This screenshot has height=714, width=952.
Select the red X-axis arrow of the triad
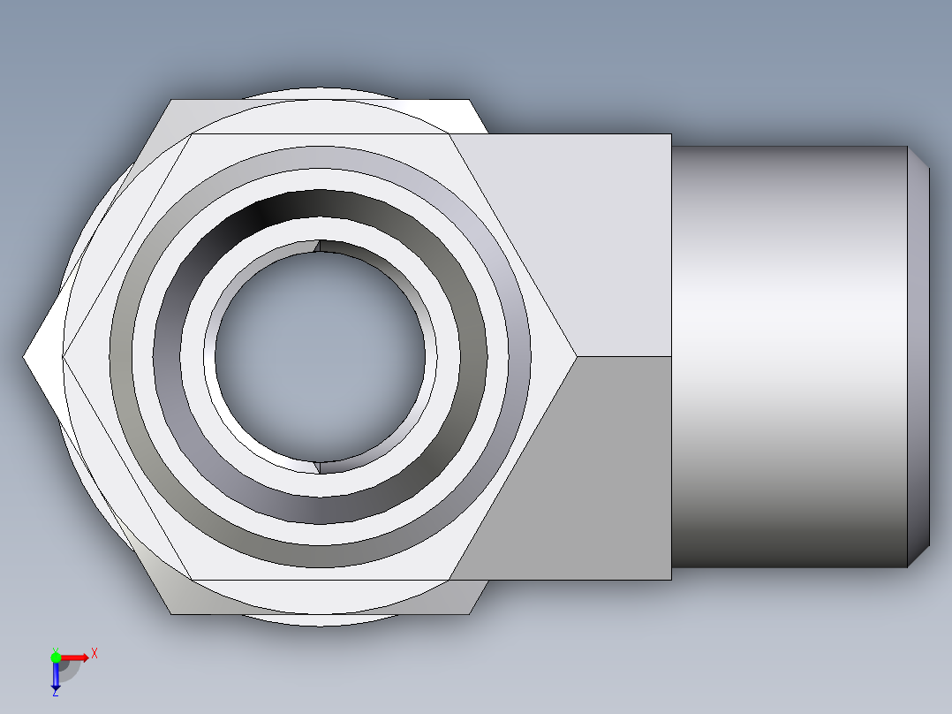[76, 657]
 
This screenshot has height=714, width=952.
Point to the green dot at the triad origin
[56, 656]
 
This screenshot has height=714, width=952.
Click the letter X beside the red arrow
[94, 654]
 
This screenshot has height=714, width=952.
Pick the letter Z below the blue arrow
[56, 694]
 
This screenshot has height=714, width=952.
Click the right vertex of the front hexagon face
[578, 357]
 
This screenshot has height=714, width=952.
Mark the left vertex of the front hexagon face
[63, 357]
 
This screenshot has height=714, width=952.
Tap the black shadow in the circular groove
[265, 212]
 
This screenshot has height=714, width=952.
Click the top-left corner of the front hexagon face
[191, 134]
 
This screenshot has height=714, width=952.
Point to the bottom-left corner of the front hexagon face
[191, 580]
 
